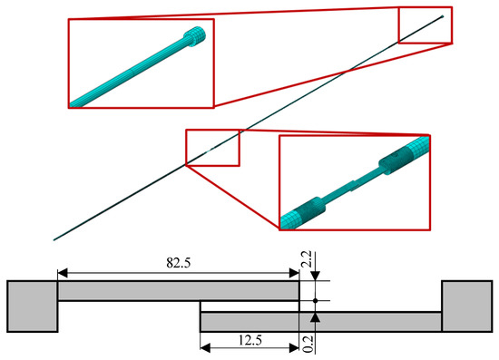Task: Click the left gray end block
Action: pos(33,306)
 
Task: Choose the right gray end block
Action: pos(464,306)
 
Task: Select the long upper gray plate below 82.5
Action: pos(178,292)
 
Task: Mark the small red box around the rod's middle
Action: pos(211,148)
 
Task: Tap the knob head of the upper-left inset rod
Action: pos(195,38)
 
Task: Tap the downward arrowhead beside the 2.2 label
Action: pos(314,277)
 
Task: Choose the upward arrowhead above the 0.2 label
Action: pos(314,316)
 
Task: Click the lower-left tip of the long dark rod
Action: pos(55,239)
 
